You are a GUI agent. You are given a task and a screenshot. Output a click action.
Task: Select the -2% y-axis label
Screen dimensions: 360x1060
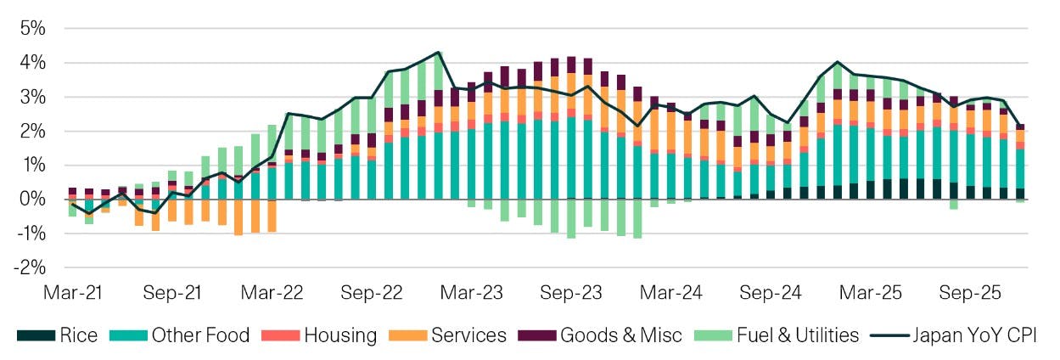pyautogui.click(x=29, y=267)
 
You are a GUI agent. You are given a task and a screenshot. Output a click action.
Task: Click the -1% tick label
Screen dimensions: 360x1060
pyautogui.click(x=29, y=233)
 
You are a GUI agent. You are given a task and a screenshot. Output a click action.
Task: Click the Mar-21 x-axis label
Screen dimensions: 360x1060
pyautogui.click(x=71, y=293)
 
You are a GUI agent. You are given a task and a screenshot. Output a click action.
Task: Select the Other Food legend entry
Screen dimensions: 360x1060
pyautogui.click(x=200, y=335)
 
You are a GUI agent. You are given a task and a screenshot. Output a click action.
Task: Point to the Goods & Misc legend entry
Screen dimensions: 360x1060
pyautogui.click(x=620, y=335)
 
